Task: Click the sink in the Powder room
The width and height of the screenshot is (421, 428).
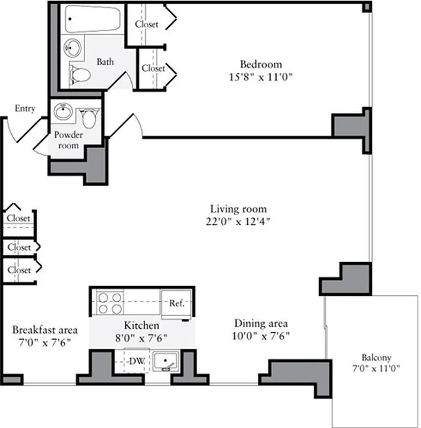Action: pos(64,113)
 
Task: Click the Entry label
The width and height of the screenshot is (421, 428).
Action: pos(25,109)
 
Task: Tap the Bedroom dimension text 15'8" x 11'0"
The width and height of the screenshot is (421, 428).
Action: pos(260,77)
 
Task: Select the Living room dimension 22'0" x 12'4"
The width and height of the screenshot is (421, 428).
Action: pos(238,221)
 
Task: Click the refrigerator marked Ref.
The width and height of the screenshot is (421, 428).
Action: pos(177,303)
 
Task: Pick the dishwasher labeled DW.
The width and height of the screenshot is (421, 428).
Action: pos(137,361)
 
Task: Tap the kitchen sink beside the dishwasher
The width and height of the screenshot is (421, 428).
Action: pos(166,362)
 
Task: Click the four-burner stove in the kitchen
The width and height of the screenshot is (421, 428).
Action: pos(109,303)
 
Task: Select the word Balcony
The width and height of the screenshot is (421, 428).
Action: pos(376,357)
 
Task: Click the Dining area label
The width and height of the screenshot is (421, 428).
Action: pos(261,324)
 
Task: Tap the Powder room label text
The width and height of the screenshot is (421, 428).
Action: pos(68,140)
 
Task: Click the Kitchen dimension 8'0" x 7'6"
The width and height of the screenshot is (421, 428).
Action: pos(141,338)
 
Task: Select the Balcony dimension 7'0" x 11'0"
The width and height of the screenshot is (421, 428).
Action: pos(376,369)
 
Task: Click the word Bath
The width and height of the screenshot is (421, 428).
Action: pos(105,62)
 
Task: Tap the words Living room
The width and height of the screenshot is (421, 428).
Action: pos(238,209)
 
